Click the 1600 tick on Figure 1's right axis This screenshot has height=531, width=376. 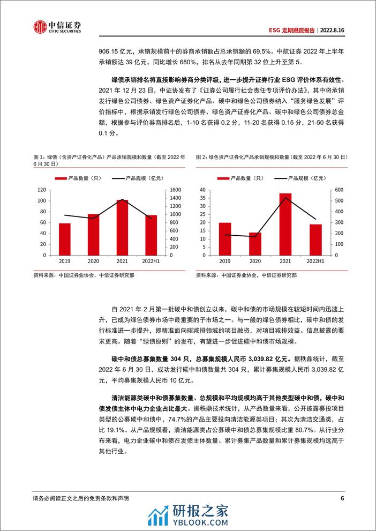pos(174,190)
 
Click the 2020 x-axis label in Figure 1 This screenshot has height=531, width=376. pos(93,261)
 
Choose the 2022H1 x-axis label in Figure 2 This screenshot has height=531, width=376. pos(315,261)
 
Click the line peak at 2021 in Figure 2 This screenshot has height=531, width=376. pos(285,198)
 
